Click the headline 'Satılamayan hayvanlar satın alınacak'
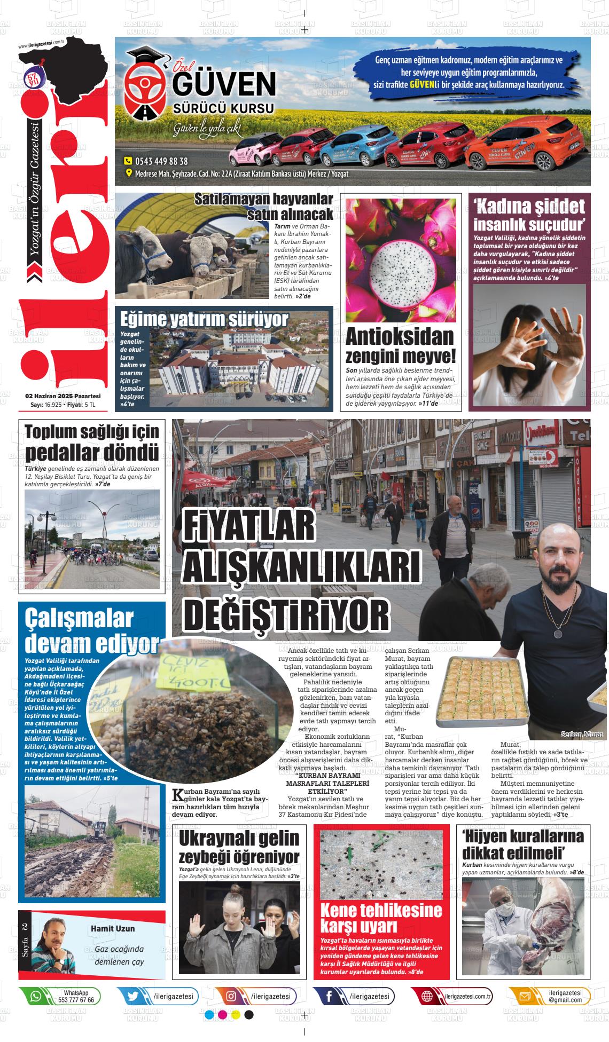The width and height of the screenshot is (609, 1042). click(x=264, y=207)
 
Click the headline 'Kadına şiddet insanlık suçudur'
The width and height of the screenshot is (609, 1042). click(x=529, y=214)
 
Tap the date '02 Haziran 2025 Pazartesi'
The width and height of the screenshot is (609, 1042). click(x=63, y=396)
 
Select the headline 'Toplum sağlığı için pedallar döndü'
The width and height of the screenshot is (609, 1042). click(x=92, y=443)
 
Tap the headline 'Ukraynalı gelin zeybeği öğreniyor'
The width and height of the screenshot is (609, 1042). click(x=239, y=847)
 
